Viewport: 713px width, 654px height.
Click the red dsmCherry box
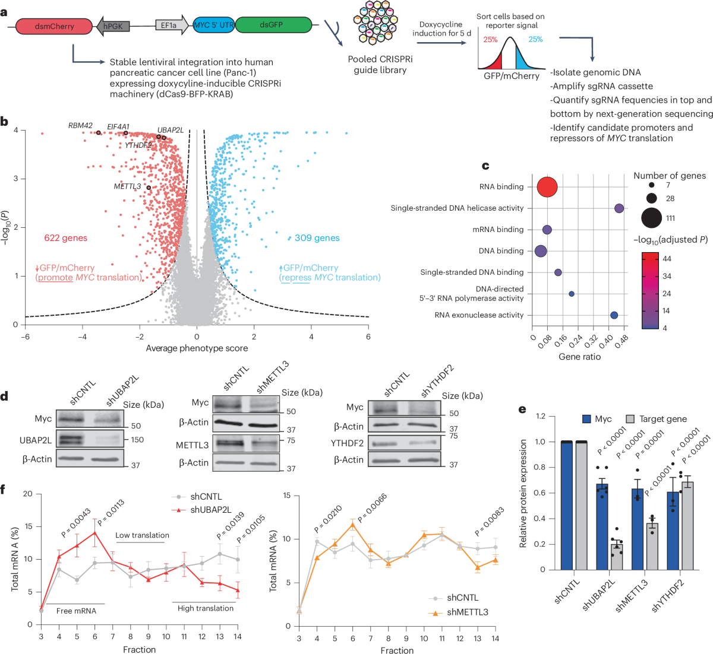53,26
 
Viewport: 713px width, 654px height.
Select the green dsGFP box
272,25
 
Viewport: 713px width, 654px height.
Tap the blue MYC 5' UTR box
214,25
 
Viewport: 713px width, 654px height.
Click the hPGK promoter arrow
113,26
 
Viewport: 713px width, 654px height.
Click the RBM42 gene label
80,126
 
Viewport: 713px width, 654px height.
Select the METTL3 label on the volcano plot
127,186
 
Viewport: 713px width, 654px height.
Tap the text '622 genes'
65,238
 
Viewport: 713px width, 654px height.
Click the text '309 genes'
317,238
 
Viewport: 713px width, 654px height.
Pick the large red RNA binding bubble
547,187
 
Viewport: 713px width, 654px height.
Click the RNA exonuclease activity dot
614,315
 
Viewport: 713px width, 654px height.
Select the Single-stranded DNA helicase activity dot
619,208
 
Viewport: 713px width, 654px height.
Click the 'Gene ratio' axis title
579,357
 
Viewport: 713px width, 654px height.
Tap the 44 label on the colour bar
667,259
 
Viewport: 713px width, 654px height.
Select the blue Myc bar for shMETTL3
638,529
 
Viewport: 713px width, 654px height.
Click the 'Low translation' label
142,535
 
